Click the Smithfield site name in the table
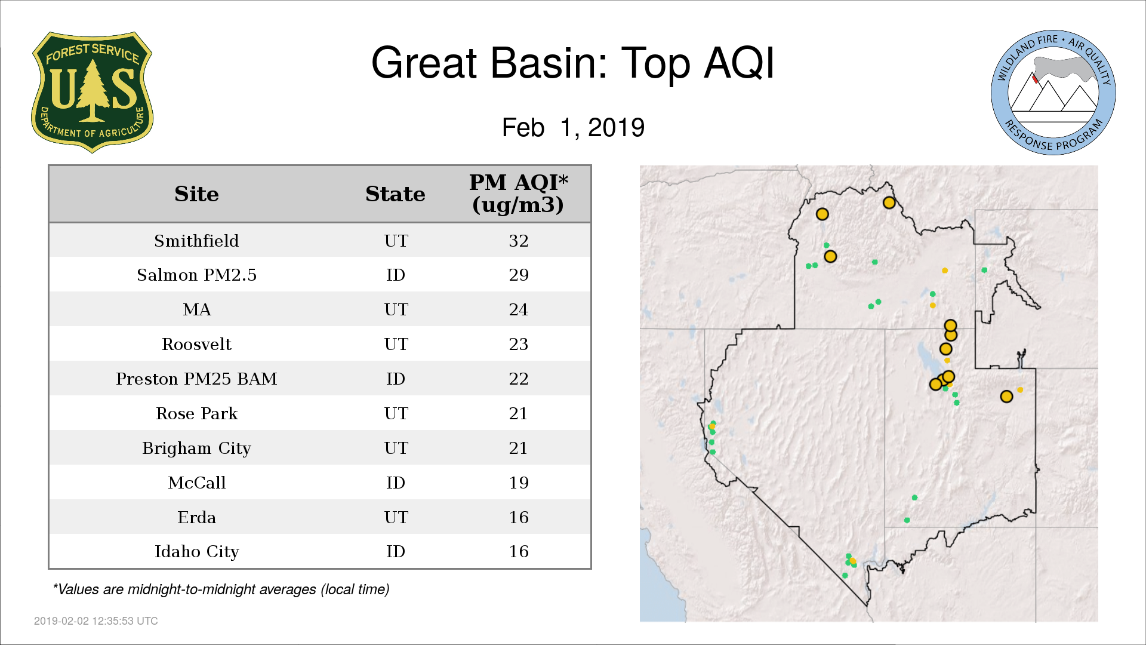tap(196, 241)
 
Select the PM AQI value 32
tap(519, 241)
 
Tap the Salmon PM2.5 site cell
tap(196, 275)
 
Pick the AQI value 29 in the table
tap(519, 275)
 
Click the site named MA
tap(197, 309)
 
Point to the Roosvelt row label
tap(196, 344)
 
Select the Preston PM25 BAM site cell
tap(196, 379)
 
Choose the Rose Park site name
tap(196, 413)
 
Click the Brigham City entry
tap(196, 449)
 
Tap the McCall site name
tap(196, 483)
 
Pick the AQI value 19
tap(519, 483)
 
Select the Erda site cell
tap(196, 517)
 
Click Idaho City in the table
tap(196, 552)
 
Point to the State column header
tap(395, 194)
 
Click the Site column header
tap(196, 194)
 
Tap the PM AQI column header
tap(518, 193)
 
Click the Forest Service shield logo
tap(92, 93)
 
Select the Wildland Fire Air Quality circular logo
tap(1053, 93)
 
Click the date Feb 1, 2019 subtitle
tap(573, 128)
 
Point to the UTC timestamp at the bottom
tap(96, 621)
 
